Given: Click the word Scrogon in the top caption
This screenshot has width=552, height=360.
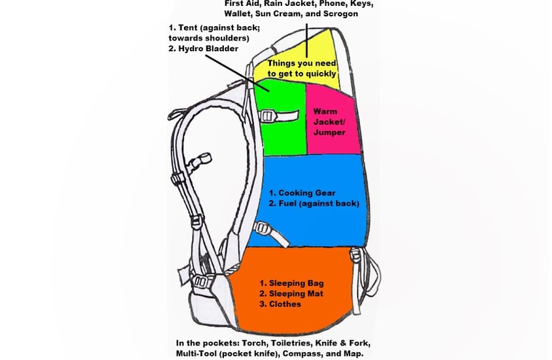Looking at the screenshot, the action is click(340, 14).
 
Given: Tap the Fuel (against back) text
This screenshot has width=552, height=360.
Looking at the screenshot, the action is click(319, 204).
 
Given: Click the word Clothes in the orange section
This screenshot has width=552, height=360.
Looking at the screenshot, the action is click(285, 304).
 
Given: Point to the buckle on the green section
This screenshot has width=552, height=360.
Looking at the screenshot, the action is click(267, 116).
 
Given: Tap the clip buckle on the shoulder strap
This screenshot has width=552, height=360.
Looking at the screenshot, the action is click(199, 163).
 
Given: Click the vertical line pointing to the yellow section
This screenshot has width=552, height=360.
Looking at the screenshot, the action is click(306, 41).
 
